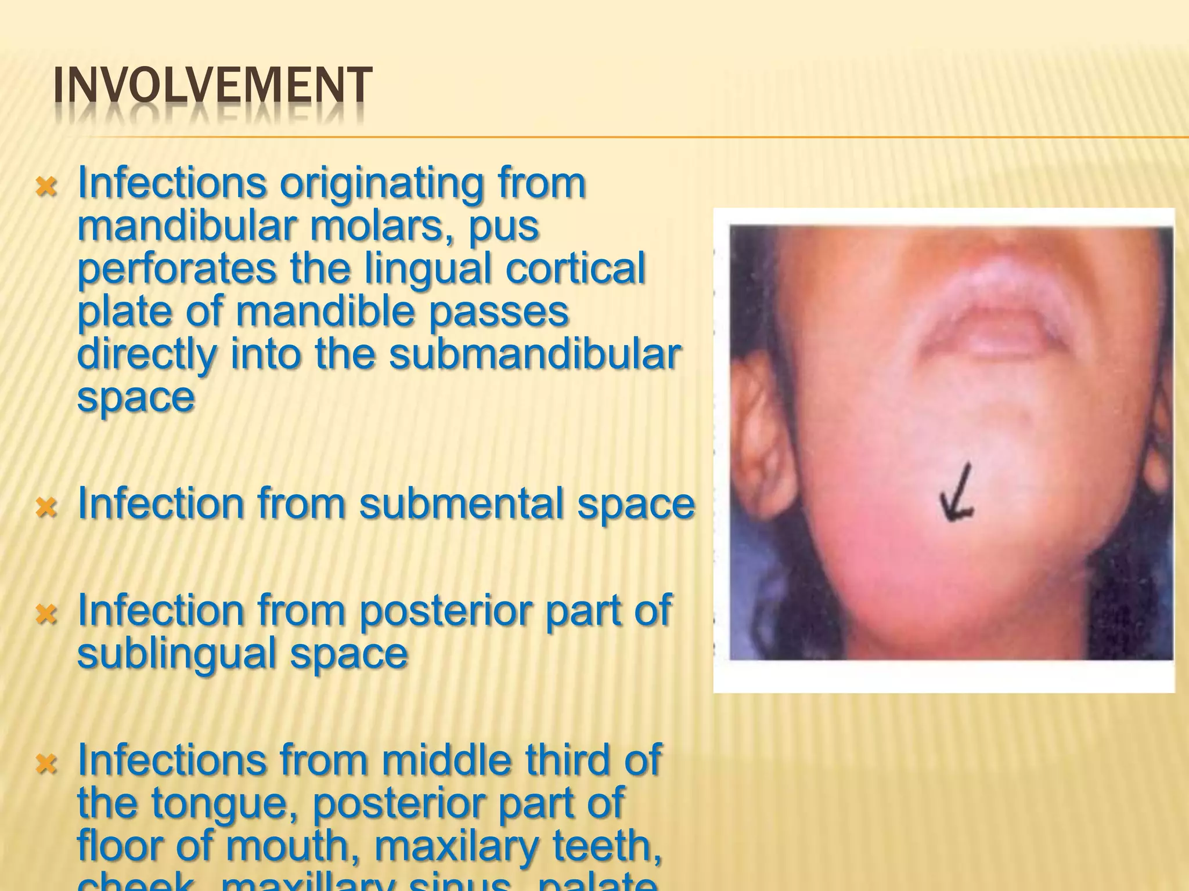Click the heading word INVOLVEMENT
[212, 87]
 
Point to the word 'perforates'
[177, 269]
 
